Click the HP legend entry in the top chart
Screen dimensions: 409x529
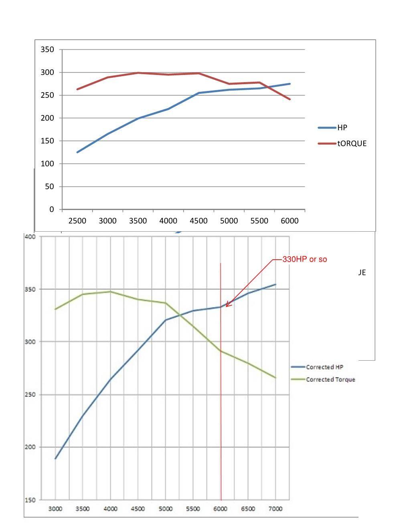point(332,127)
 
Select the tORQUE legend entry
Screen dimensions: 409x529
point(342,143)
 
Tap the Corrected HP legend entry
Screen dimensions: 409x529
point(317,367)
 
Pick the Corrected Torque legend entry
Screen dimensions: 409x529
point(323,379)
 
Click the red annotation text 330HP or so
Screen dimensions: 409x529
point(304,259)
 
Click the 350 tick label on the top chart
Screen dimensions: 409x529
point(47,49)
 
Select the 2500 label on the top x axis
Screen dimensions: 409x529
point(77,221)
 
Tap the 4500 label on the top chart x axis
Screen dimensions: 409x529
point(198,221)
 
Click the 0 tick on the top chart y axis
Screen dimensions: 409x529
point(51,209)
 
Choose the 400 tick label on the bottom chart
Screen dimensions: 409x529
point(30,236)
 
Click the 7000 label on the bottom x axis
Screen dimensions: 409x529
point(275,509)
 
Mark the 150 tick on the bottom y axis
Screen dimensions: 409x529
point(30,500)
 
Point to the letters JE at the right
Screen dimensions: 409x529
point(362,273)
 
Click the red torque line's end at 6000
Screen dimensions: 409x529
point(290,99)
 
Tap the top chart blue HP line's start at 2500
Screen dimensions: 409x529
point(77,152)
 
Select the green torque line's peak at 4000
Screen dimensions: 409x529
point(110,291)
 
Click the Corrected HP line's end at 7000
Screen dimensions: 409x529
point(275,285)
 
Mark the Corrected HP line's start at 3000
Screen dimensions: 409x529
point(55,458)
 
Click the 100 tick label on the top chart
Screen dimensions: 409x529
point(47,164)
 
